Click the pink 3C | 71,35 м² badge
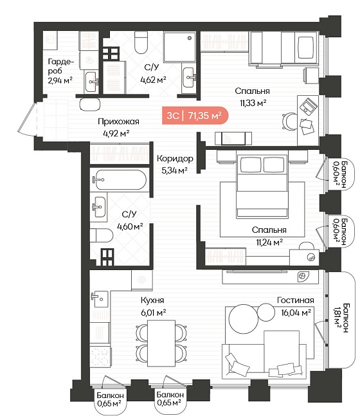pyautogui.click(x=195, y=115)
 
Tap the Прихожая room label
pyautogui.click(x=118, y=122)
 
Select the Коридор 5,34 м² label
pyautogui.click(x=175, y=164)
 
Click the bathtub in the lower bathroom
pyautogui.click(x=121, y=179)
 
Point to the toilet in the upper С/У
pyautogui.click(x=141, y=42)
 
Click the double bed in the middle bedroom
pyautogui.click(x=262, y=186)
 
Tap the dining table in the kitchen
pyautogui.click(x=161, y=343)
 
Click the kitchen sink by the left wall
pyautogui.click(x=100, y=299)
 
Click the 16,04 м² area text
pyautogui.click(x=296, y=312)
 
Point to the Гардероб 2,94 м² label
pyautogui.click(x=60, y=71)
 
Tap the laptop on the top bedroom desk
pyautogui.click(x=309, y=107)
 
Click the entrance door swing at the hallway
pyautogui.click(x=28, y=119)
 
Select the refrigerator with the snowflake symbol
pyautogui.click(x=142, y=280)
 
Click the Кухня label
pyautogui.click(x=152, y=300)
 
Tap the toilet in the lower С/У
pyautogui.click(x=102, y=235)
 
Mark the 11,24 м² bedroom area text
pyautogui.click(x=269, y=242)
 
